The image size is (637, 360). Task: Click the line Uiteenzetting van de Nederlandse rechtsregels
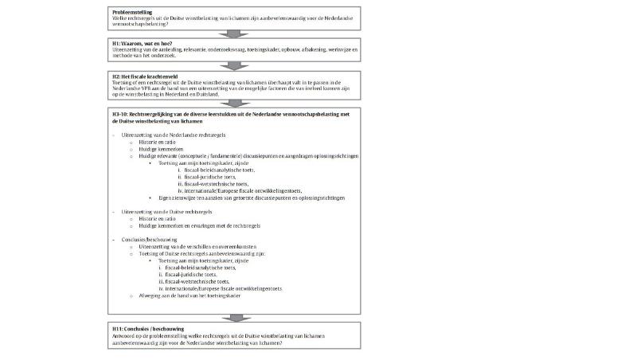tap(169, 136)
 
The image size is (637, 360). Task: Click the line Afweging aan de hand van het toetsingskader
tap(188, 295)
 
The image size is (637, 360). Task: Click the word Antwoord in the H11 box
tap(123, 335)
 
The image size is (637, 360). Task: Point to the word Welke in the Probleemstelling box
tap(119, 18)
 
